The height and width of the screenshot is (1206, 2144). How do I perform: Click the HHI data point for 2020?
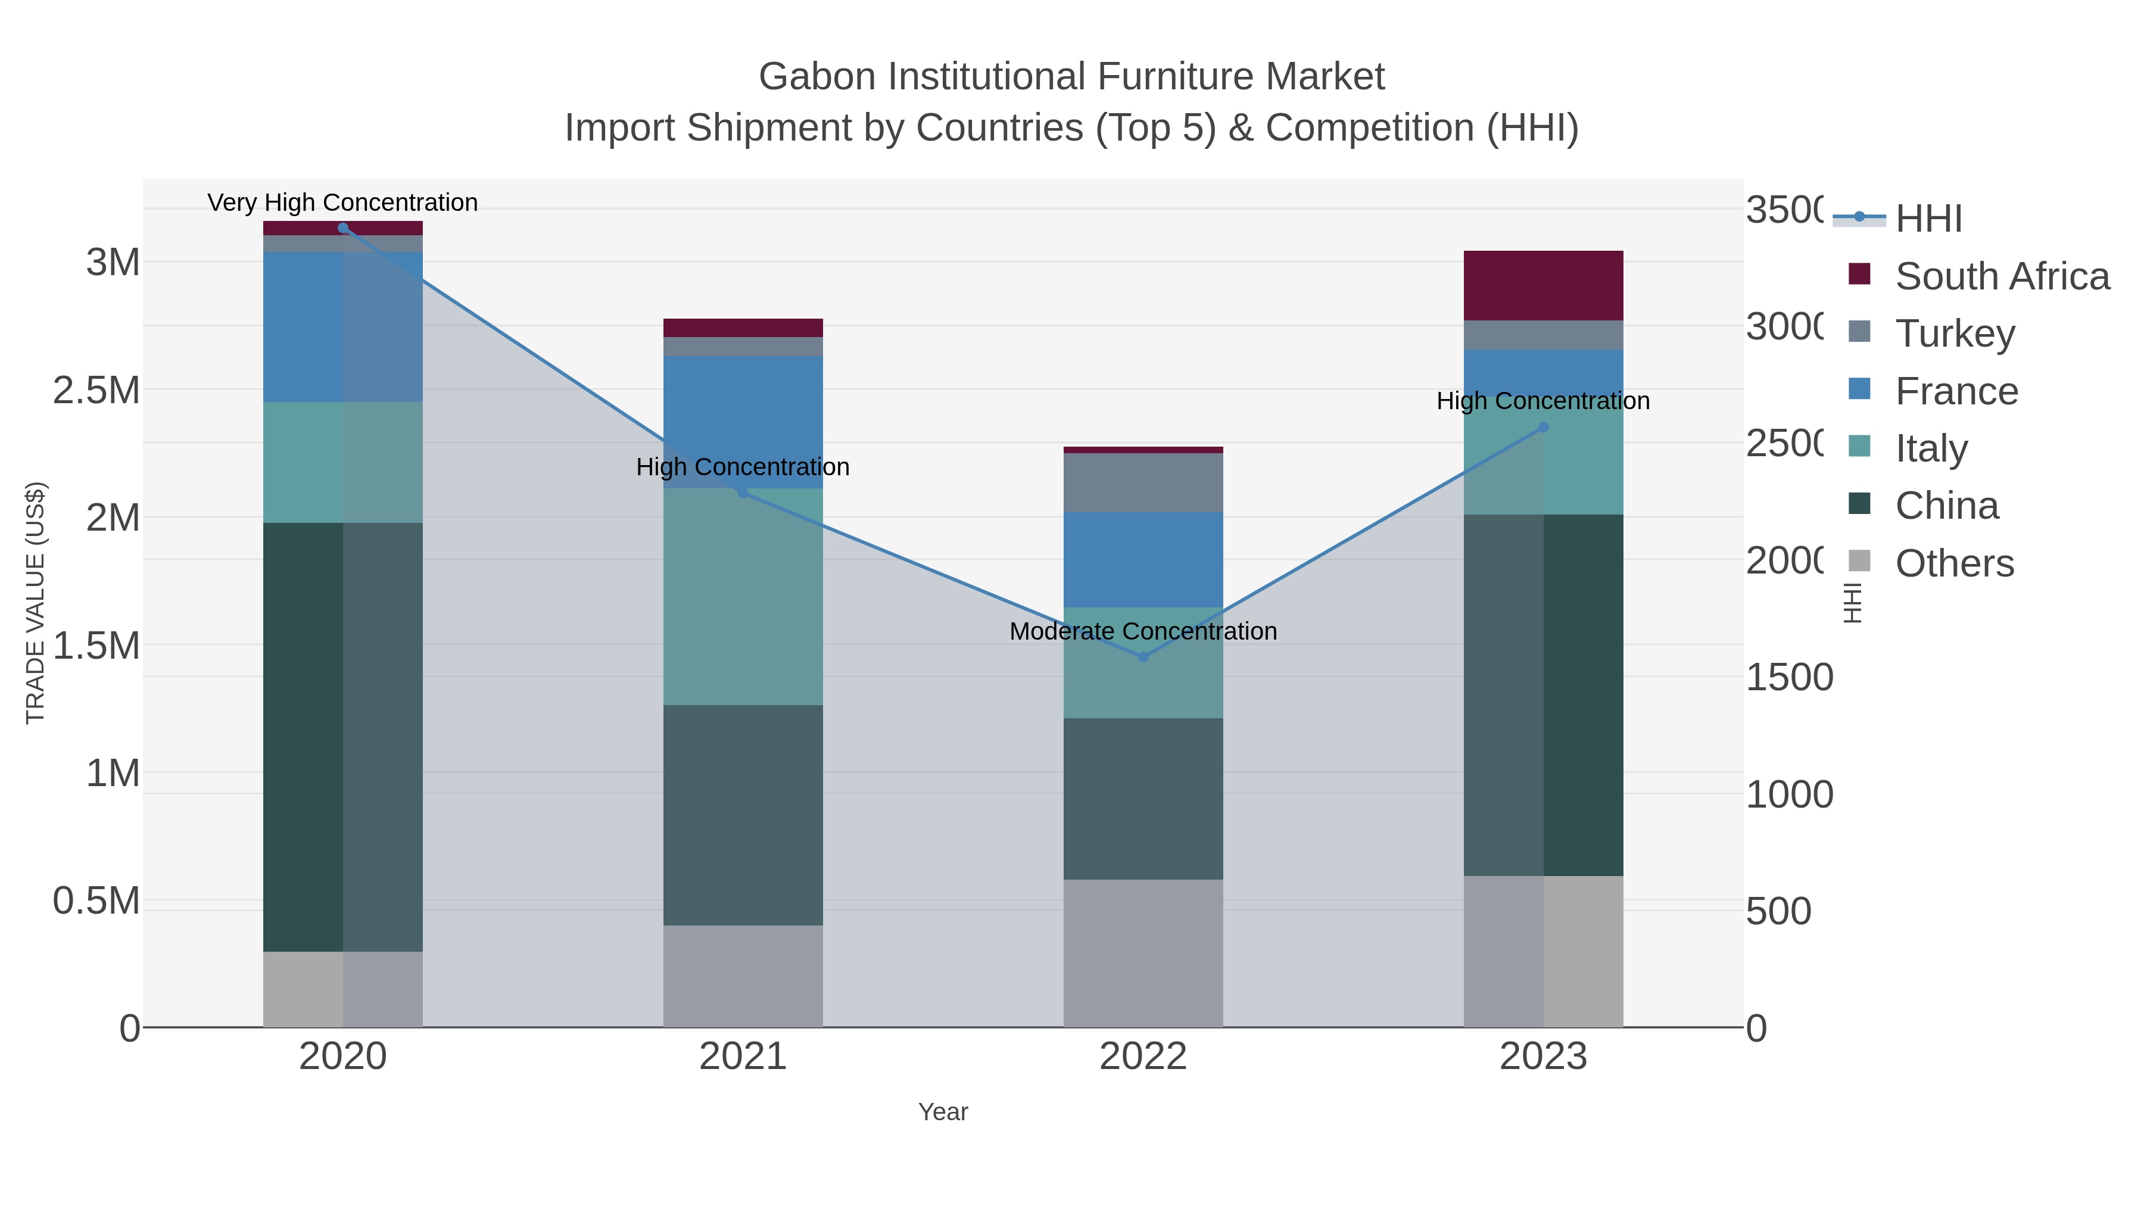[343, 228]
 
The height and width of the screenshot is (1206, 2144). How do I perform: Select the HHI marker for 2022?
[1143, 657]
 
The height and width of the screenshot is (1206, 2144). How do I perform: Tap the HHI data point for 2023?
[1543, 427]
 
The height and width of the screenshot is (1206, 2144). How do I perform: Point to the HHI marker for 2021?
[743, 493]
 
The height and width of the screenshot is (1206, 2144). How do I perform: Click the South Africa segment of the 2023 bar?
[1543, 285]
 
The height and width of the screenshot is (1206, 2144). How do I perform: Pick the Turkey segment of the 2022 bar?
[1143, 483]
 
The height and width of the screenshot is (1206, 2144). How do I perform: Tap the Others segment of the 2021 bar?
[743, 976]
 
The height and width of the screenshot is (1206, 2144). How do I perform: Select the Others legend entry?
[1954, 563]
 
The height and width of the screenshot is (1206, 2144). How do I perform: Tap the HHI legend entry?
[1928, 219]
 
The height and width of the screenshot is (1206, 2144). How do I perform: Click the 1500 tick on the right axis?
[1788, 678]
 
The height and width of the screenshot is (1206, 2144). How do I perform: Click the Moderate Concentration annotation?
[1143, 631]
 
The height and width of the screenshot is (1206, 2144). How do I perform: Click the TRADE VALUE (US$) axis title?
[35, 603]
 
